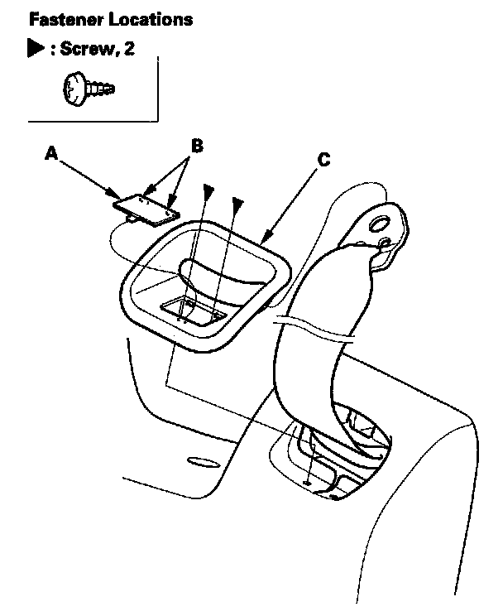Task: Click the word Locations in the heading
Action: [x=147, y=18]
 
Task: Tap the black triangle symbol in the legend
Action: [x=35, y=49]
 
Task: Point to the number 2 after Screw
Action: [x=129, y=50]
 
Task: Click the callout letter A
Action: [x=52, y=153]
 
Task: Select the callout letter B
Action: [x=197, y=146]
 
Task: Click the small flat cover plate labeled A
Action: [x=147, y=207]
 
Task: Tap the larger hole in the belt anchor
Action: [x=379, y=224]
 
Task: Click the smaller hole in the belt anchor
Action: [x=384, y=243]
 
